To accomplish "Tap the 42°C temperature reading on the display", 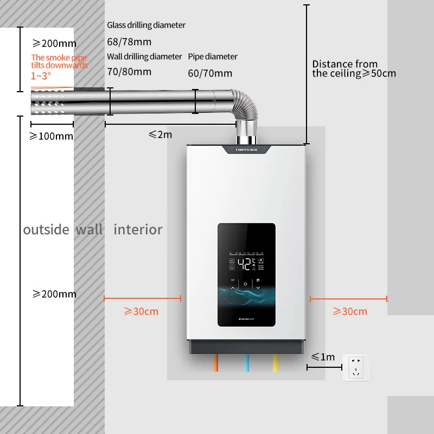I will pos(246,264).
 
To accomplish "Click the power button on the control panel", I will pos(246,284).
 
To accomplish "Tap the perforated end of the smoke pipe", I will pos(51,102).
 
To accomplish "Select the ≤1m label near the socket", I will pos(323,356).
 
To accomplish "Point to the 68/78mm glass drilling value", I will pos(129,42).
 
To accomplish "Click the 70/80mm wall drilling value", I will pos(129,71).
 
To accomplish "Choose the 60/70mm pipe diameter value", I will pos(210,73).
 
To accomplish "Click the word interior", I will pos(138,229).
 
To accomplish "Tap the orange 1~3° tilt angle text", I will pos(41,76).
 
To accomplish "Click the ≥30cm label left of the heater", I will pos(141,311).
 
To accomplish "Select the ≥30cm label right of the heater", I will pos(349,311).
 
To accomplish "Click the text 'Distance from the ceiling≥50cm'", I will pos(354,69).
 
